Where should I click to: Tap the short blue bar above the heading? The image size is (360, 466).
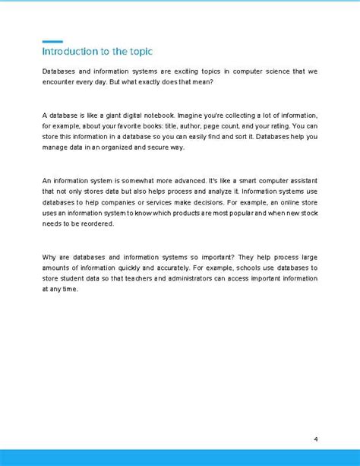52,41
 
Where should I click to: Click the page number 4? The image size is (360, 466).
315,439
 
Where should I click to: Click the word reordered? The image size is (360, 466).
103,224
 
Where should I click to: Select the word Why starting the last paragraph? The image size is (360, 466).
49,258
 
